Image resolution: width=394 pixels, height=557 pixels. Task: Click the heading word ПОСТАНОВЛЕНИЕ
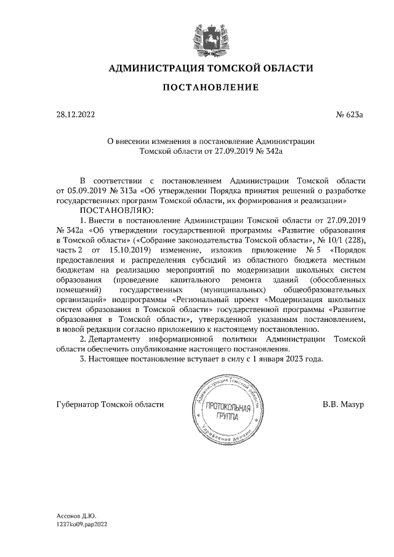(211, 87)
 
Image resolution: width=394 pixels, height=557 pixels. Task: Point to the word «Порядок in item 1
(348, 250)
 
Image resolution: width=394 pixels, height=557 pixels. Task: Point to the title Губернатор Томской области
(110, 404)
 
